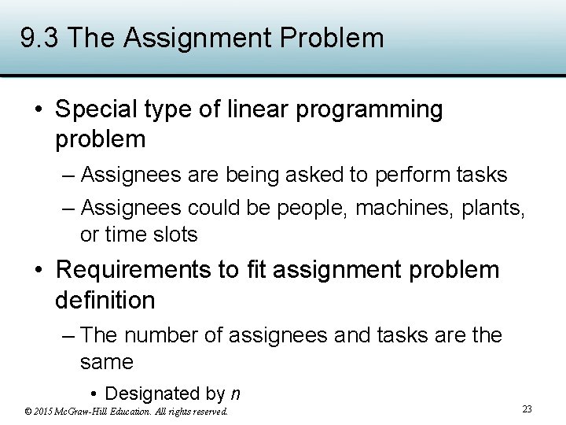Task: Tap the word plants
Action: pyautogui.click(x=494, y=208)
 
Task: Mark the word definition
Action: pyautogui.click(x=105, y=300)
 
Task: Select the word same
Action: pyautogui.click(x=106, y=362)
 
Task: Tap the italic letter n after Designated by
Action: pyautogui.click(x=235, y=394)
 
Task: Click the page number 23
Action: pyautogui.click(x=527, y=408)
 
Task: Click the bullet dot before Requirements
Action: pyautogui.click(x=39, y=271)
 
